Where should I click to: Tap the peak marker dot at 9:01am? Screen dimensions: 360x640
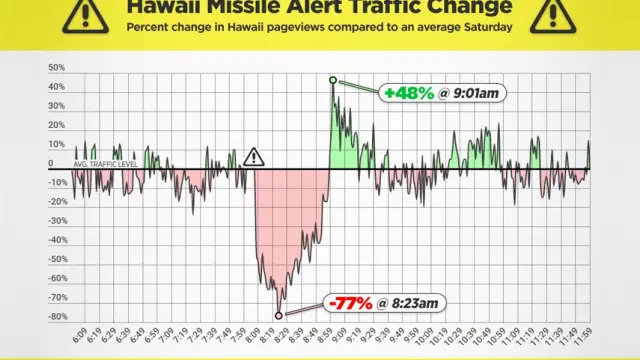[332, 80]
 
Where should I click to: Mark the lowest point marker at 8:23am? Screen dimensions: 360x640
[279, 316]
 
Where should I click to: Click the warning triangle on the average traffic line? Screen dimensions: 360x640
[254, 157]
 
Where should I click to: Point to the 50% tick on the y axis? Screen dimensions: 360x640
[57, 68]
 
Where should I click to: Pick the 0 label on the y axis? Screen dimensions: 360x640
[51, 163]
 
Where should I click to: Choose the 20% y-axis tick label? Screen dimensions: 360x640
[57, 125]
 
